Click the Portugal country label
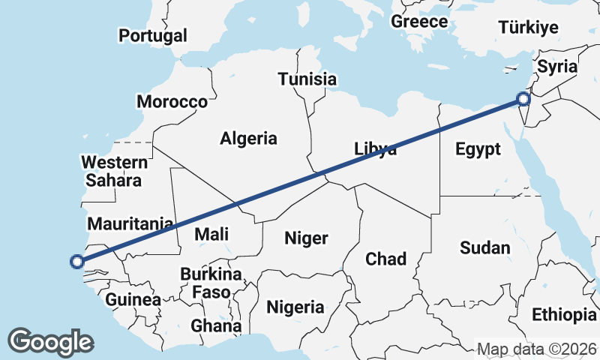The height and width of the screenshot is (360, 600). [153, 35]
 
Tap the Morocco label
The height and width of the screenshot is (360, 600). [172, 102]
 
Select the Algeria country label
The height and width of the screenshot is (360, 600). [248, 138]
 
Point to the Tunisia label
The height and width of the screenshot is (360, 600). [307, 79]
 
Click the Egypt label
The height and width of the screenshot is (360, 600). [478, 149]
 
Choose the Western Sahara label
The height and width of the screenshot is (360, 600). [114, 171]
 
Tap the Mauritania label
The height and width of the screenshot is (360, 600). [130, 223]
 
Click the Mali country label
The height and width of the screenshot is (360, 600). [211, 234]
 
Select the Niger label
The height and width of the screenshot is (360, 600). [306, 238]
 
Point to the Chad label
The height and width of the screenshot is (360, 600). [385, 259]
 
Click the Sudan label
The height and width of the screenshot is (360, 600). [484, 247]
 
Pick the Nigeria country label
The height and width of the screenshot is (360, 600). [295, 307]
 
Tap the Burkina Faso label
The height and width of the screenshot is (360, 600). [210, 283]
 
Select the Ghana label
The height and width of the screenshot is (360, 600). [216, 325]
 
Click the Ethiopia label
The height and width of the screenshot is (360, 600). [562, 313]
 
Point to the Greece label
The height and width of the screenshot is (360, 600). [419, 21]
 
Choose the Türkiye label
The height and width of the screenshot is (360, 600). [529, 28]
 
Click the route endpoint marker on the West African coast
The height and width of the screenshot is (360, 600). [76, 262]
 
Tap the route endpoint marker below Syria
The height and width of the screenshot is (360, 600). [523, 98]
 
